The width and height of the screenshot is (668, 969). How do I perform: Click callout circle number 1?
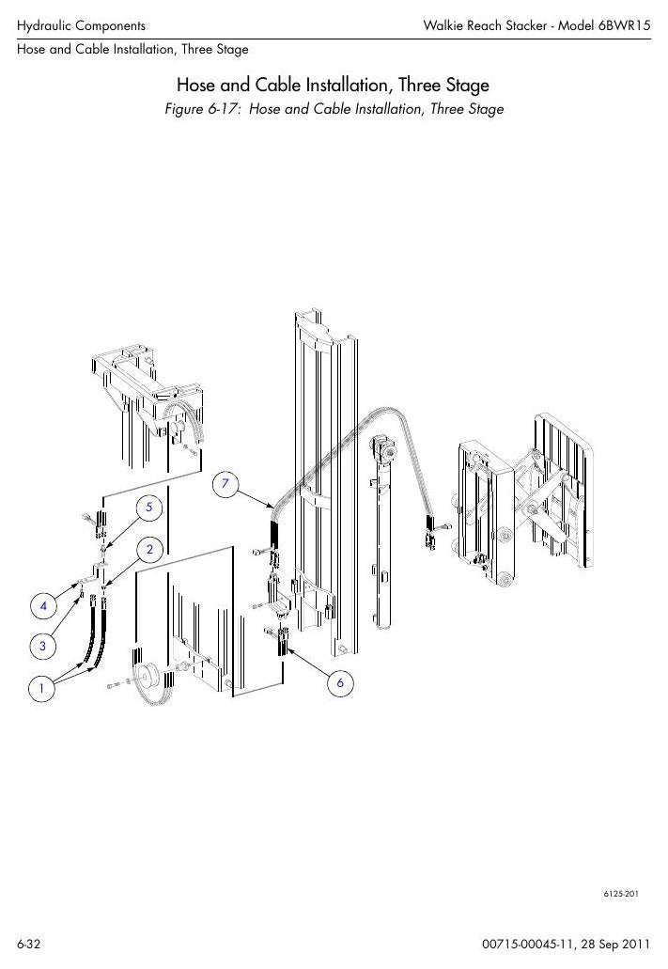click(x=42, y=688)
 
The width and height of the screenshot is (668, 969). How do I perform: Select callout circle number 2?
click(x=149, y=549)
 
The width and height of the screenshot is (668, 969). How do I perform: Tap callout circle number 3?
click(x=42, y=647)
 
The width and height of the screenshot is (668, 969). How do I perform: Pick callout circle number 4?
click(x=43, y=605)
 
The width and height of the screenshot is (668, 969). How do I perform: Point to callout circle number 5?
click(x=149, y=508)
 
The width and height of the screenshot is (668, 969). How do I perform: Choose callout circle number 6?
click(x=340, y=683)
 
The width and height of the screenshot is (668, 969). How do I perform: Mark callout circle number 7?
click(x=225, y=483)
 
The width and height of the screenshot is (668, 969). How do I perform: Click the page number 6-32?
click(x=28, y=945)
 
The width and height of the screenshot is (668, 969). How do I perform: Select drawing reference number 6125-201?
click(x=621, y=894)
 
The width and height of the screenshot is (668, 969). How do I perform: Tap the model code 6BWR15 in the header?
click(x=624, y=25)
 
